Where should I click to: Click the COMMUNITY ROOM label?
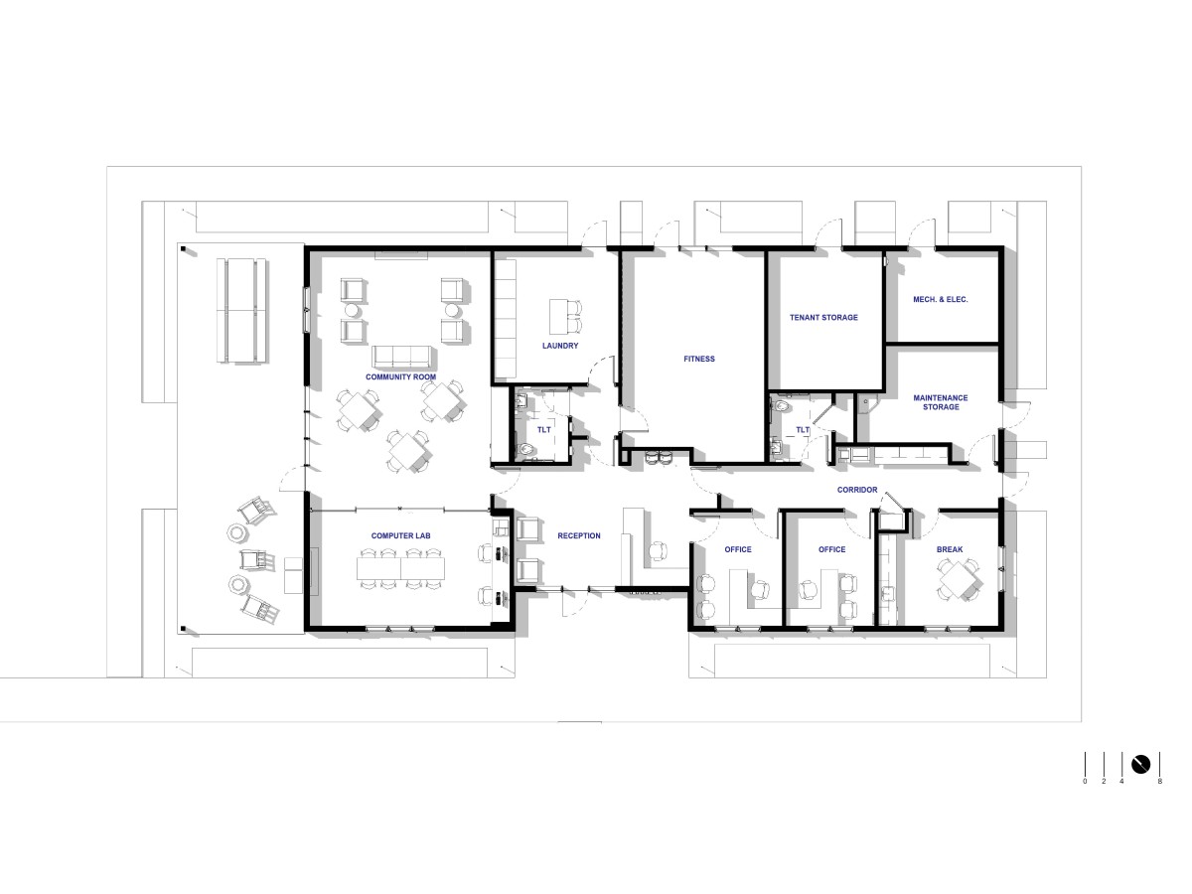tap(400, 376)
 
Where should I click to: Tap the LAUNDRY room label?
tap(560, 346)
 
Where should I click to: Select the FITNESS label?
tap(699, 359)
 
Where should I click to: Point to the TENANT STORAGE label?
tap(823, 318)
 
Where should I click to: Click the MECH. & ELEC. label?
tap(940, 299)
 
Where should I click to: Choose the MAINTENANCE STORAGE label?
tap(940, 402)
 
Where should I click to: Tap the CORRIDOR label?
tap(857, 490)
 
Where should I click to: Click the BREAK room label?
tap(950, 549)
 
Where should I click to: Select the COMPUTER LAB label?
tap(400, 535)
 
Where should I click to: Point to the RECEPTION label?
tap(579, 535)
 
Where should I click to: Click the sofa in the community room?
tap(402, 358)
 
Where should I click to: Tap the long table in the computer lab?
tap(400, 568)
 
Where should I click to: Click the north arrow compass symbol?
tap(1140, 764)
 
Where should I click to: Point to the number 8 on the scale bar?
tap(1160, 782)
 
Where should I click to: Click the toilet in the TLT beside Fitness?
tap(781, 406)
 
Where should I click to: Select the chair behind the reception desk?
tap(660, 551)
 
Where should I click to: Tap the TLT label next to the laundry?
tap(543, 430)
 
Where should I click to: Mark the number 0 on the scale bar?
tap(1085, 782)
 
